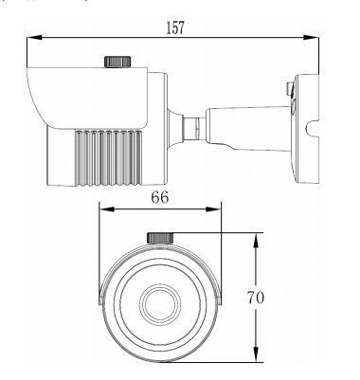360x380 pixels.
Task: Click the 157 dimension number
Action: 175,27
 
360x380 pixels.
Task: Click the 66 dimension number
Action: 160,198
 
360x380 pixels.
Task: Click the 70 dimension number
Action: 256,298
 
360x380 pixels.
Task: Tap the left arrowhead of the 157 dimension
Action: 34,37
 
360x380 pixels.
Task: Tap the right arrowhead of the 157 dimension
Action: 311,37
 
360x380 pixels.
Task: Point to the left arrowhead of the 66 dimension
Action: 106,209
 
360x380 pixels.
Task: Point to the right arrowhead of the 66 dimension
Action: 214,209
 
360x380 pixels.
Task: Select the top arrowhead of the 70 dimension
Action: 256,241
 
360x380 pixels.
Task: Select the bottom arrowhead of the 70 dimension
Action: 256,354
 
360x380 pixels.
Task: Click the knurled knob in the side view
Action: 117,62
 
